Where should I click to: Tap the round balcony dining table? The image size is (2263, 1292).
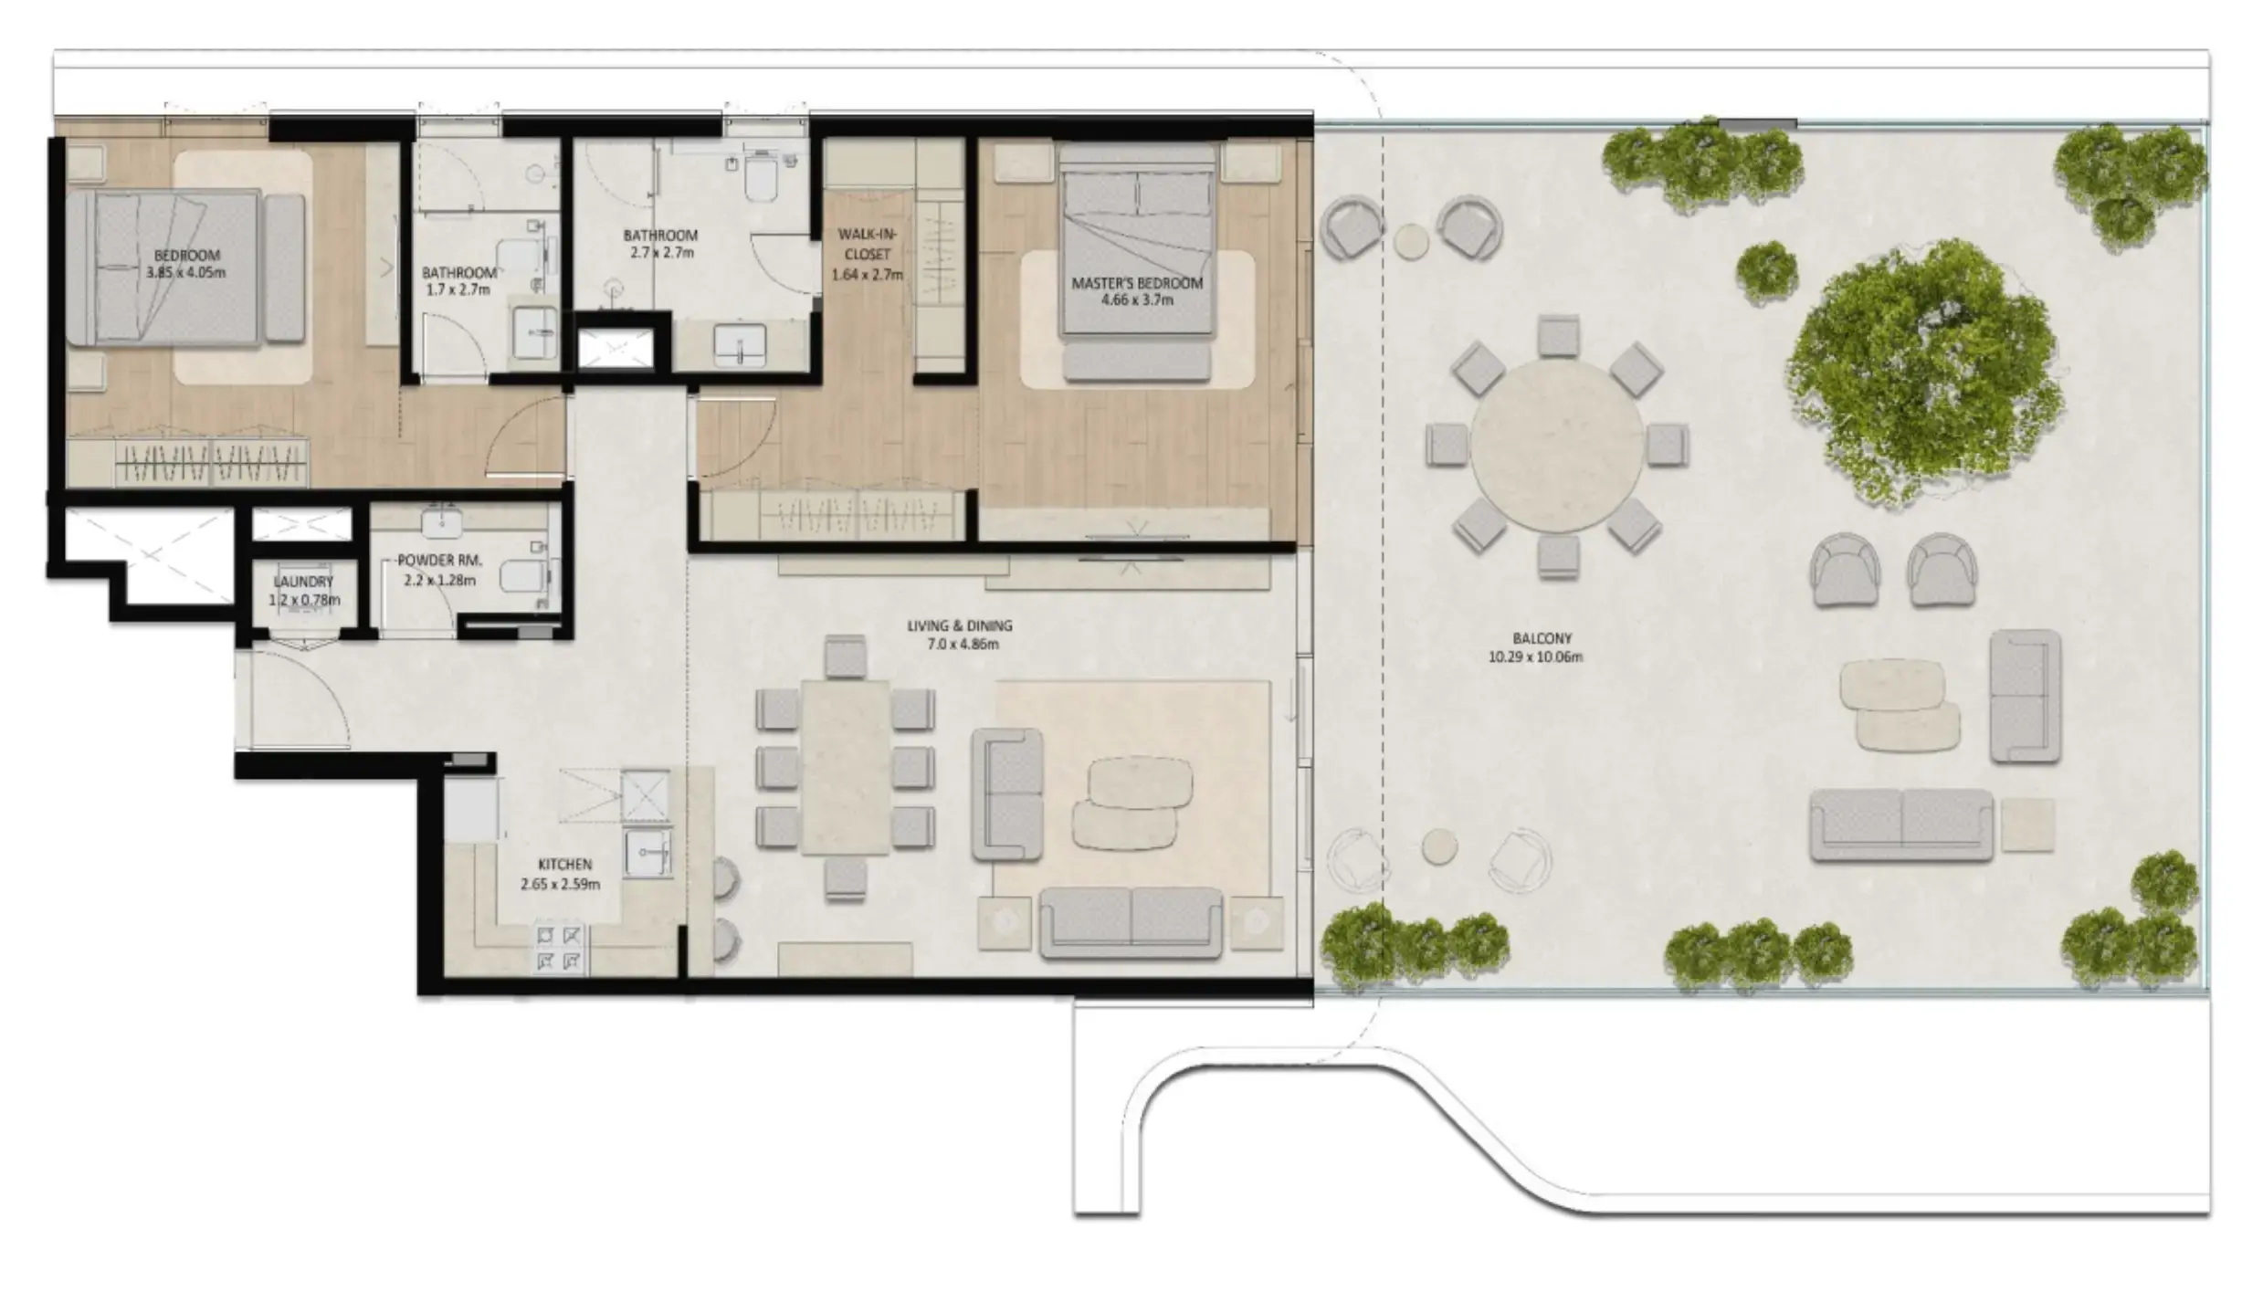(1556, 446)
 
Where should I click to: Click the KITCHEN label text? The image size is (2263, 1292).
(564, 864)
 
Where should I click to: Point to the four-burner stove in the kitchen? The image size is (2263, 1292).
(559, 947)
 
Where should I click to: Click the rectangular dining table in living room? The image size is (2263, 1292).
(845, 767)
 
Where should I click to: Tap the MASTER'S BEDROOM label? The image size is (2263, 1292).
(1137, 283)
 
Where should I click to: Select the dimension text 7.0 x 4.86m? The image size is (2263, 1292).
(960, 644)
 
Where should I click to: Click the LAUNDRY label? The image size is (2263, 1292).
(303, 582)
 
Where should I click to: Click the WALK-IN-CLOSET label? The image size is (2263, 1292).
(867, 245)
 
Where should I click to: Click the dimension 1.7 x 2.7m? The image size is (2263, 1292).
(458, 290)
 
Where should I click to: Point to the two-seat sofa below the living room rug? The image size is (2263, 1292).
(1131, 922)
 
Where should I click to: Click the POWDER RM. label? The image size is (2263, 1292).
(439, 561)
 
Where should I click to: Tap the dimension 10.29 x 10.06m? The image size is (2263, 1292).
(1535, 657)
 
